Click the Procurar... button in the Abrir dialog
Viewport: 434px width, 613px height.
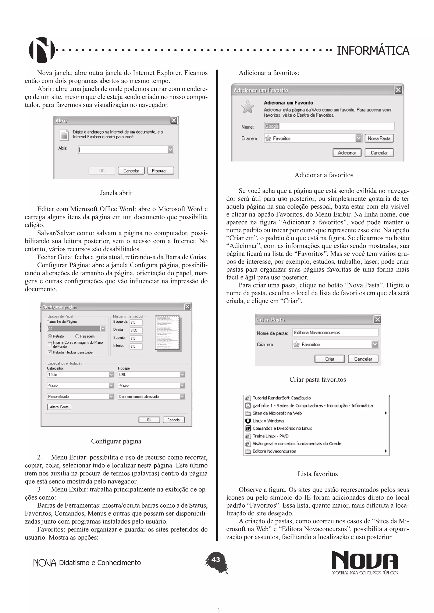[161, 171]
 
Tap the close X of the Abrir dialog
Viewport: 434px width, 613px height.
[174, 120]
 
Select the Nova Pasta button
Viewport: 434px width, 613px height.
[379, 138]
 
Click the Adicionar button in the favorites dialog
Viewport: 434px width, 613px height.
[347, 153]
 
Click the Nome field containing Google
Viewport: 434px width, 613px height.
[329, 126]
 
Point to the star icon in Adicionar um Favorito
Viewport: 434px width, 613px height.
[248, 107]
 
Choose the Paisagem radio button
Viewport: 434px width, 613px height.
[77, 336]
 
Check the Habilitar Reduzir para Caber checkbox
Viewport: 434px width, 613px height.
[50, 352]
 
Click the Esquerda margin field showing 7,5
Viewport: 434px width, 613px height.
[136, 322]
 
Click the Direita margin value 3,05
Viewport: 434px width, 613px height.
[136, 330]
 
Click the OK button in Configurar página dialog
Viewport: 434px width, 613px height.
[149, 420]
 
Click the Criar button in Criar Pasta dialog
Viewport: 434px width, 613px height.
[330, 359]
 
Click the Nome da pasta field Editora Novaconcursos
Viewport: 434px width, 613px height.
[335, 332]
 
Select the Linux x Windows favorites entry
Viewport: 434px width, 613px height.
[268, 421]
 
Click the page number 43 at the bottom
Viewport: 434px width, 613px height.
[216, 559]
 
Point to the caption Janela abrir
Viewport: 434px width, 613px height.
[116, 193]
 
